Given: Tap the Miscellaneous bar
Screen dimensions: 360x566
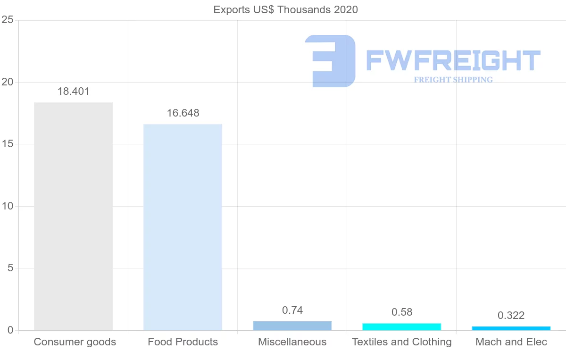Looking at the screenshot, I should (292, 326).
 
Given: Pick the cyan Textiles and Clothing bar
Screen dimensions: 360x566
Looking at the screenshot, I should (401, 327).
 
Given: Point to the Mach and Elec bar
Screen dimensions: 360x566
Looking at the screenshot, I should (511, 328).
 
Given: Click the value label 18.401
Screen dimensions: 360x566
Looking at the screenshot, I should (73, 92).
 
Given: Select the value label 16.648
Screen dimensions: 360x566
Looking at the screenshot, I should (183, 113).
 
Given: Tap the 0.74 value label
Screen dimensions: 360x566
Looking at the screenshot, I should (292, 310).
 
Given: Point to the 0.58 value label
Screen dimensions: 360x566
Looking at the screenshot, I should (401, 312).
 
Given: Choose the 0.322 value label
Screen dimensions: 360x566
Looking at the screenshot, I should (511, 316).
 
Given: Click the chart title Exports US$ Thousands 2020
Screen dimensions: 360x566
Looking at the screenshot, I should (285, 9).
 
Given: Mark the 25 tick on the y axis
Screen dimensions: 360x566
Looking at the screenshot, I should (7, 20).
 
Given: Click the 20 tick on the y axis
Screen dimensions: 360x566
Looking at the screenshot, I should (7, 82).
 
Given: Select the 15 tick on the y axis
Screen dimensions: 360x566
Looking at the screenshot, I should (7, 144).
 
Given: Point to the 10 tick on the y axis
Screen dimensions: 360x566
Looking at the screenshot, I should (7, 206).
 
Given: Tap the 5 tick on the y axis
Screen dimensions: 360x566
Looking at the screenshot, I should (9, 268).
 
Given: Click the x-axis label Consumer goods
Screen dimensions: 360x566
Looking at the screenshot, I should (75, 342).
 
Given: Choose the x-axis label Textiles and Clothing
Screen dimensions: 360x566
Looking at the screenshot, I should (401, 342).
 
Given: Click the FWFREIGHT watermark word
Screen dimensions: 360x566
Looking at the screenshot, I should (453, 61).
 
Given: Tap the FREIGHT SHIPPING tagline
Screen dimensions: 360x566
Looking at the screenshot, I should (453, 80).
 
